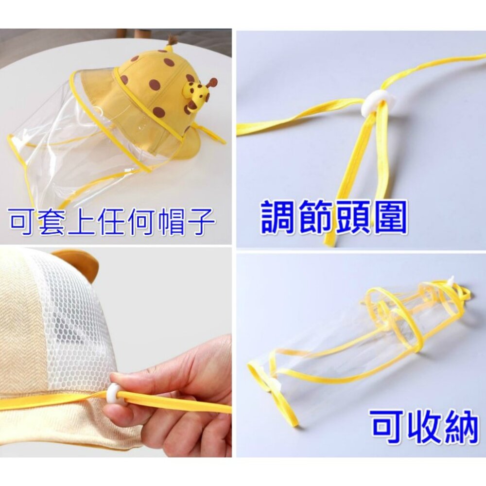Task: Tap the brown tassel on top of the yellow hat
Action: pos(171,40)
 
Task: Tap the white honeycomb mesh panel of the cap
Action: pos(73,316)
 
